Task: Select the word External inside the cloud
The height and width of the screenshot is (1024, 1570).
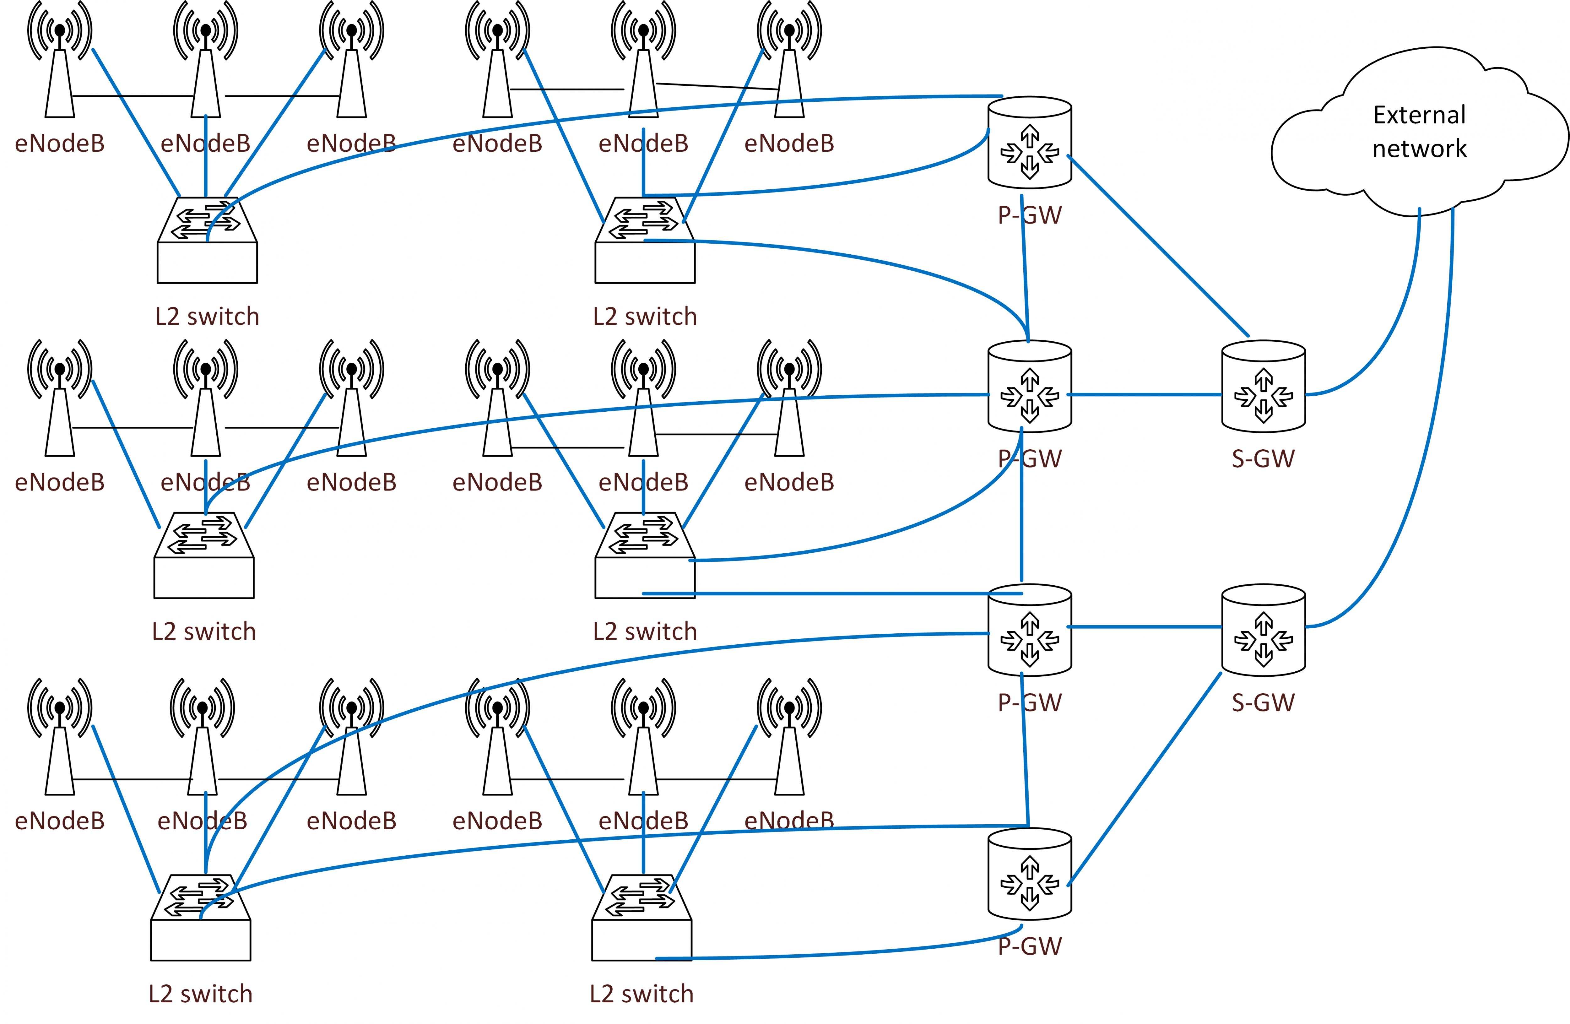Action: [x=1419, y=115]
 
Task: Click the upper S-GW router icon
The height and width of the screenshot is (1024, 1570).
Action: [x=1263, y=387]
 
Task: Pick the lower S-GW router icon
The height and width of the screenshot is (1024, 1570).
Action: [x=1263, y=630]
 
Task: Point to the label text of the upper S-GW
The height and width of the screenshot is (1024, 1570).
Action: [x=1263, y=458]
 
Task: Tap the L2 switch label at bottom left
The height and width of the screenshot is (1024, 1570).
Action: [x=201, y=994]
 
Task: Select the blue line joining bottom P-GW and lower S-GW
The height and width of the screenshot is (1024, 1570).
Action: [x=1145, y=778]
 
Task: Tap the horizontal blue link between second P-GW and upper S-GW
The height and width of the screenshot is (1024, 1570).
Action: [x=1145, y=394]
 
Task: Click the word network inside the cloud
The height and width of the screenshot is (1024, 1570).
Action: [x=1419, y=149]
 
